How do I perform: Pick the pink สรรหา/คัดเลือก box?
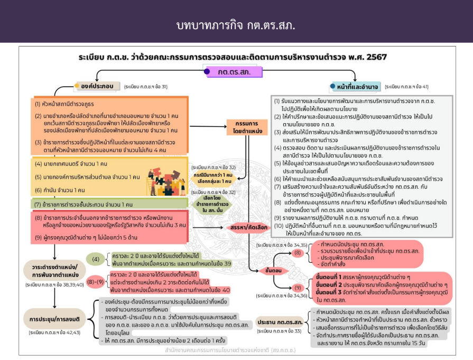[x=243, y=227]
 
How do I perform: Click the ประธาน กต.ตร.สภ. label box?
[x=280, y=322]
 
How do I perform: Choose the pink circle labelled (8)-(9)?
[x=96, y=282]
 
